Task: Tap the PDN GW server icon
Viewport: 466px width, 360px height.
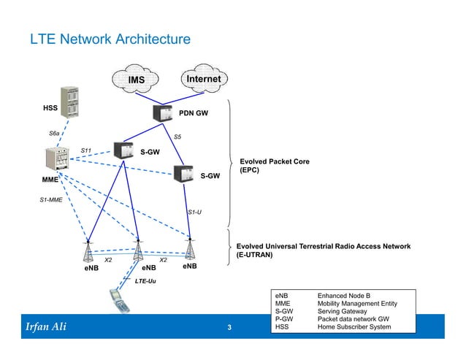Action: pyautogui.click(x=161, y=115)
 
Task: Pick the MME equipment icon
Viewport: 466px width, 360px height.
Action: pyautogui.click(x=56, y=160)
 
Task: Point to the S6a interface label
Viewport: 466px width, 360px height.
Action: pyautogui.click(x=55, y=134)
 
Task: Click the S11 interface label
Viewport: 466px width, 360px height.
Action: pyautogui.click(x=87, y=150)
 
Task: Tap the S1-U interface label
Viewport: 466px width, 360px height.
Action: pyautogui.click(x=195, y=212)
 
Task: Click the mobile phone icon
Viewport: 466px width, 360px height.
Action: pyautogui.click(x=118, y=299)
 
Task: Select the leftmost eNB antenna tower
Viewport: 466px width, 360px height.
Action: pyautogui.click(x=89, y=250)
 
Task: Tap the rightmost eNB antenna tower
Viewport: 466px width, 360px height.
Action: pyautogui.click(x=190, y=248)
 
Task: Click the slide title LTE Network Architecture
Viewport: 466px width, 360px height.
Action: pyautogui.click(x=110, y=38)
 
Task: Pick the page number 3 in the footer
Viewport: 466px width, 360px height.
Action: pyautogui.click(x=229, y=327)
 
